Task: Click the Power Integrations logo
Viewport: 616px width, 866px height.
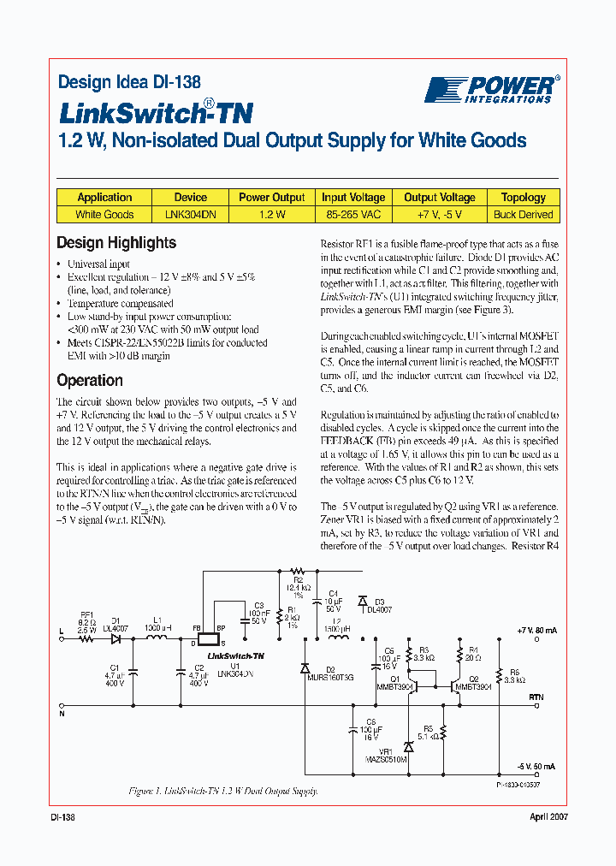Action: pos(492,89)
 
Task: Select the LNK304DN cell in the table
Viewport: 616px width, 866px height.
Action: pos(191,215)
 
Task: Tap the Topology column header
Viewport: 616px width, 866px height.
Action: pos(523,197)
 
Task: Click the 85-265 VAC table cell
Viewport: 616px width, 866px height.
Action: pos(353,215)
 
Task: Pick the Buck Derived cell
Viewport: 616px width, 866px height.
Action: pos(523,215)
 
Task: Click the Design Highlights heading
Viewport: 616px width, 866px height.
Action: pos(116,243)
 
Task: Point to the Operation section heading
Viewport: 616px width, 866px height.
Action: pos(90,380)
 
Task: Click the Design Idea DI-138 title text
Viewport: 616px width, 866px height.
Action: pos(129,83)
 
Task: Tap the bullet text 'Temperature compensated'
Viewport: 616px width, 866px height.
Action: pos(120,304)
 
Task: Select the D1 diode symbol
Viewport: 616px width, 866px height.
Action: pos(115,639)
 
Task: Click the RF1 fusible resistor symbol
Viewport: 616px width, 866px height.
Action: pos(86,639)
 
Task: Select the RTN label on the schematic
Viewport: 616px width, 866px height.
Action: pos(536,697)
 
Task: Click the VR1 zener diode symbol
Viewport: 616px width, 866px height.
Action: pos(408,746)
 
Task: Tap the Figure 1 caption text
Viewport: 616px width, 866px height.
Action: pos(222,792)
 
